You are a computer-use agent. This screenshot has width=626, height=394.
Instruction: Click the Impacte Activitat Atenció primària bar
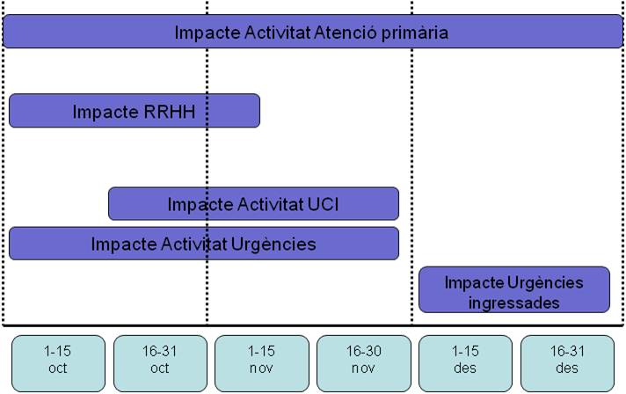click(x=313, y=32)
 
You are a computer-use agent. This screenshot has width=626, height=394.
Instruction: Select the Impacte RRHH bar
click(x=135, y=111)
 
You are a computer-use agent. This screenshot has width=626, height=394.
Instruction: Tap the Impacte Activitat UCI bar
click(x=253, y=203)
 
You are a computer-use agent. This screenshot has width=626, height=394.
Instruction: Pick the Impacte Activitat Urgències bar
click(x=204, y=244)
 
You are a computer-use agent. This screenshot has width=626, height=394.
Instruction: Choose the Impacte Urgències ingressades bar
click(x=514, y=290)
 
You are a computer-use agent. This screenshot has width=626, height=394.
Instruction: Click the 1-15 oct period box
click(x=58, y=363)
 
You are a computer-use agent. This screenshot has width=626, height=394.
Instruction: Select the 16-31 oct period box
click(x=160, y=363)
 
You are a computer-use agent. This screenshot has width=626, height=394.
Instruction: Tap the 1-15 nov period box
click(x=261, y=363)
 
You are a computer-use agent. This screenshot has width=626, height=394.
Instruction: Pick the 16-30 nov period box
click(x=364, y=363)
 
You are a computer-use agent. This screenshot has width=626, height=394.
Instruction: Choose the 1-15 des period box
click(x=465, y=363)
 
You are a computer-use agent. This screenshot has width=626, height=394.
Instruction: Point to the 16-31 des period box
click(x=567, y=363)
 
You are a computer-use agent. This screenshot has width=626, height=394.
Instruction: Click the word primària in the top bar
click(x=415, y=33)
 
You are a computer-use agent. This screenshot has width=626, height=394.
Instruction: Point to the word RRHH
click(x=170, y=112)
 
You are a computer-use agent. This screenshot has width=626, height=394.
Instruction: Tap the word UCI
click(x=323, y=204)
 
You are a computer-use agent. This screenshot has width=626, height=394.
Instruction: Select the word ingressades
click(x=513, y=303)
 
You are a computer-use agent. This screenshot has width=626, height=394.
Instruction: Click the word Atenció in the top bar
click(x=346, y=33)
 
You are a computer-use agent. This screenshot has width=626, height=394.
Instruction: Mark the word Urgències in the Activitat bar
click(x=273, y=244)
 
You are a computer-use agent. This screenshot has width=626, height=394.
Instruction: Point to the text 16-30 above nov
click(x=364, y=351)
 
